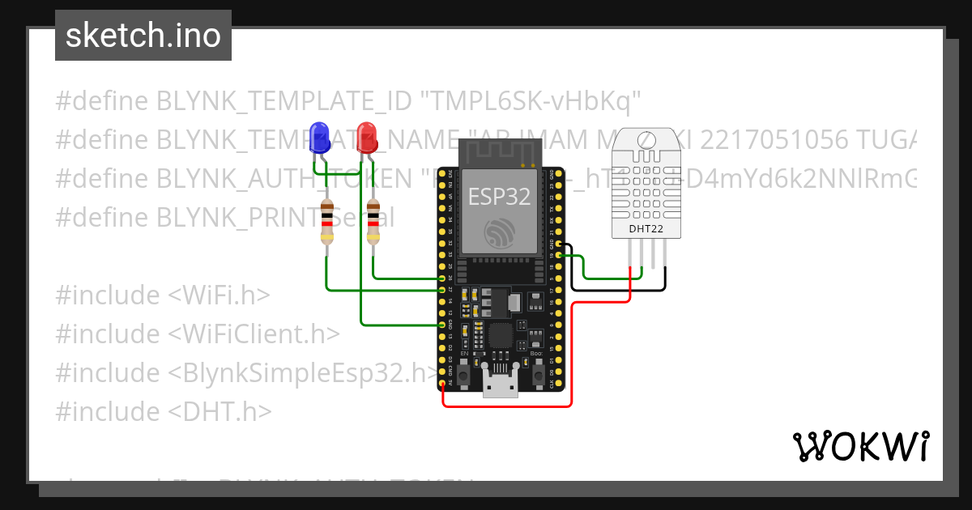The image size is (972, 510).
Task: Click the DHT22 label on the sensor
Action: pos(646,228)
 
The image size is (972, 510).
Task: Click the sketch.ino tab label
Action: pos(143,36)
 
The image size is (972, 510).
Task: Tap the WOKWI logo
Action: pos(860,445)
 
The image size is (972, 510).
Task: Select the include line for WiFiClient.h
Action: pos(198,334)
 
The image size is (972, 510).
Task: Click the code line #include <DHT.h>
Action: pos(163,411)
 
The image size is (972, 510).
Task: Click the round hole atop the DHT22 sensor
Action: pos(646,141)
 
